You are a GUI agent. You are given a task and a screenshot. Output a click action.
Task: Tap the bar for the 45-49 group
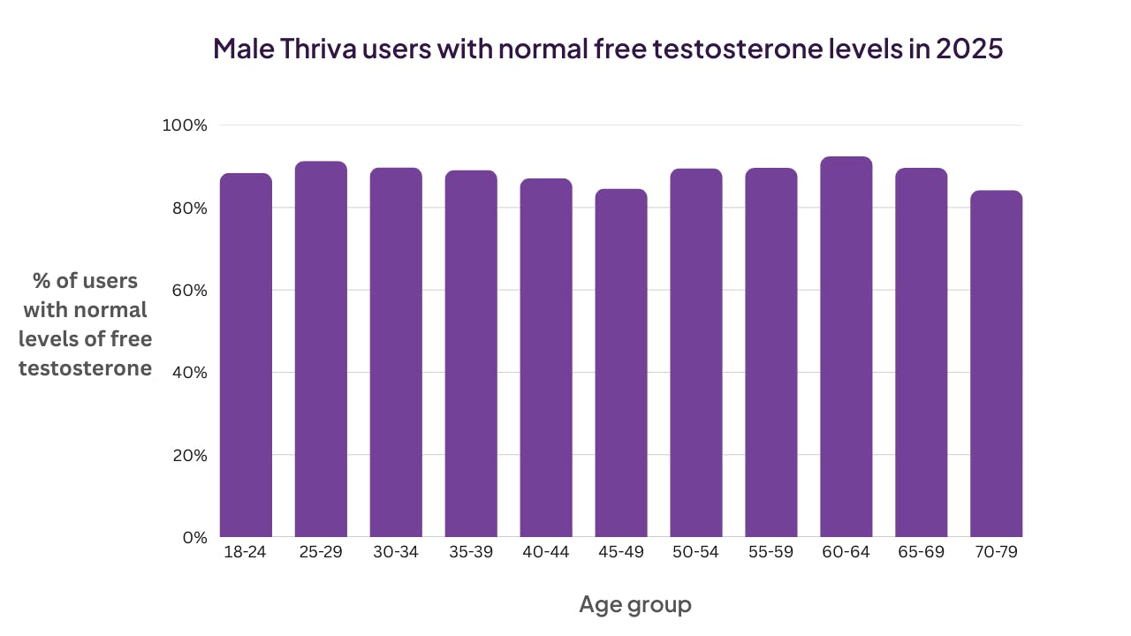621,363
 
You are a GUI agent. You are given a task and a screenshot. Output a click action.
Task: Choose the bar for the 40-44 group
546,358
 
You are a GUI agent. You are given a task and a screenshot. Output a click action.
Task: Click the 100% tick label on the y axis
185,125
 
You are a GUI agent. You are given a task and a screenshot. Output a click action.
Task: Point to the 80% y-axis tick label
187,208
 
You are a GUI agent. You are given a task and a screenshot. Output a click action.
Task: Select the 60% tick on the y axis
187,291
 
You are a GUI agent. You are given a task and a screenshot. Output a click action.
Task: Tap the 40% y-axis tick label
187,373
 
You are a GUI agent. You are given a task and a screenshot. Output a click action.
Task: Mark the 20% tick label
187,456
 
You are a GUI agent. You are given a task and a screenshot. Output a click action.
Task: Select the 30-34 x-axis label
396,553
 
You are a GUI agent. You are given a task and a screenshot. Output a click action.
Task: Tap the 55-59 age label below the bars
770,553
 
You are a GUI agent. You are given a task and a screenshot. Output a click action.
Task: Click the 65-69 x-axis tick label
921,553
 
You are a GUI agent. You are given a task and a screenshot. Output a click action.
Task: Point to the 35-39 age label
471,553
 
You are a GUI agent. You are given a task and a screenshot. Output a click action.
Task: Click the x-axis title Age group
635,605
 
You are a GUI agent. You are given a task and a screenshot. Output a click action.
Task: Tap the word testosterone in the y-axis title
85,368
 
